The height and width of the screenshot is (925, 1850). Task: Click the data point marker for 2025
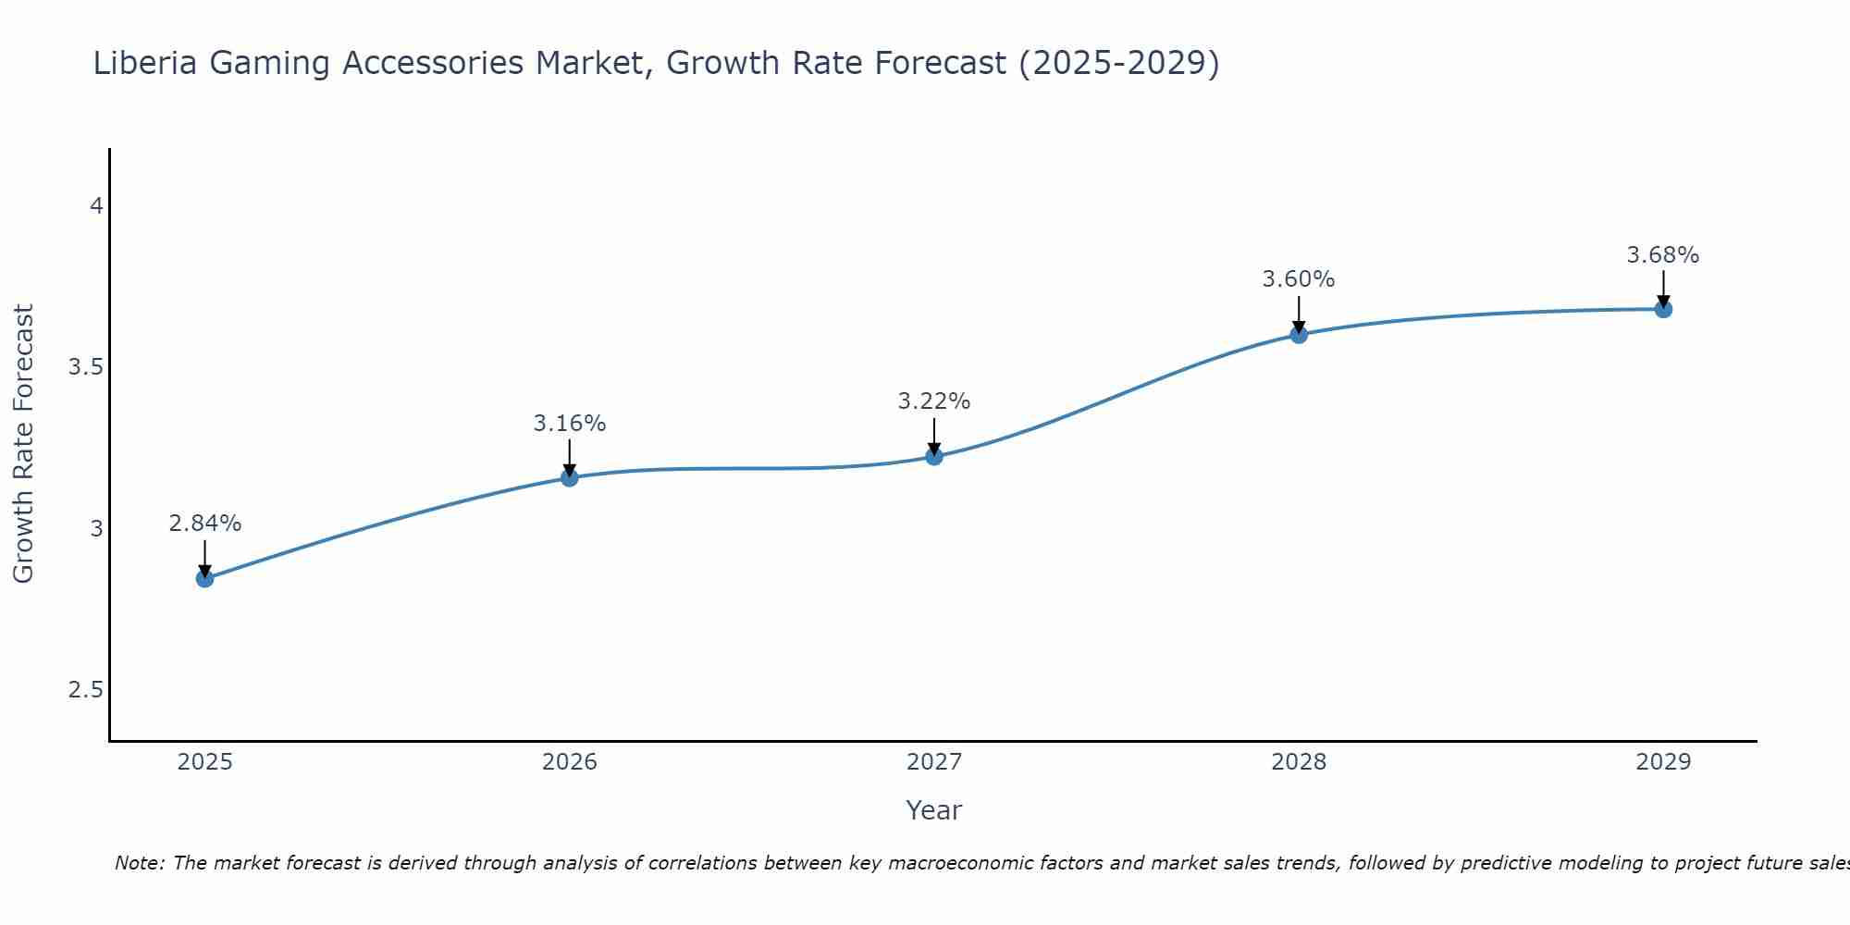pyautogui.click(x=204, y=579)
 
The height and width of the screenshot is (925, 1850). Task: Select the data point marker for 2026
pyautogui.click(x=570, y=477)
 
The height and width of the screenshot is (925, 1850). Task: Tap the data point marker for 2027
pyautogui.click(x=934, y=456)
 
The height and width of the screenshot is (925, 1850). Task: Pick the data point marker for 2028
pyautogui.click(x=1299, y=334)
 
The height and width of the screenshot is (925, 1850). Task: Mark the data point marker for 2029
pyautogui.click(x=1663, y=309)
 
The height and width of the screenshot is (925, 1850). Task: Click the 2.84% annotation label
pyautogui.click(x=204, y=524)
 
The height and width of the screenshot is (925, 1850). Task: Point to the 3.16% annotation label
pyautogui.click(x=570, y=424)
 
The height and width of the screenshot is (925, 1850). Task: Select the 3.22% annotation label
pyautogui.click(x=934, y=401)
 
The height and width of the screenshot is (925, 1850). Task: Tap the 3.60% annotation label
pyautogui.click(x=1299, y=279)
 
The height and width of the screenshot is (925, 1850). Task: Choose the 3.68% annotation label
pyautogui.click(x=1663, y=255)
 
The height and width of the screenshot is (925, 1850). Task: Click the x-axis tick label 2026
pyautogui.click(x=570, y=762)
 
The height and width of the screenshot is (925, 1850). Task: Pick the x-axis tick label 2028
pyautogui.click(x=1299, y=762)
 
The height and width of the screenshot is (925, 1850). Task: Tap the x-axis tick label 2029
pyautogui.click(x=1663, y=762)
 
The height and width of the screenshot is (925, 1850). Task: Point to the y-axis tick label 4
pyautogui.click(x=95, y=206)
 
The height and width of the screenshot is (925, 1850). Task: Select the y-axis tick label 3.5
pyautogui.click(x=85, y=367)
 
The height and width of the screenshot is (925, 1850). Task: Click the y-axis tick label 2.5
pyautogui.click(x=85, y=690)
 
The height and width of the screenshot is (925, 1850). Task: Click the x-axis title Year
pyautogui.click(x=934, y=810)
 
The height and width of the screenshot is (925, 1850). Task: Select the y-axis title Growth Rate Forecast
pyautogui.click(x=23, y=444)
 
